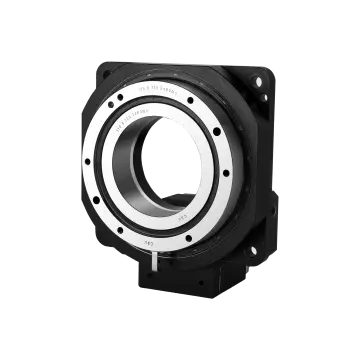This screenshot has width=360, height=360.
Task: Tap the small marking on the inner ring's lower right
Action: point(183,212)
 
